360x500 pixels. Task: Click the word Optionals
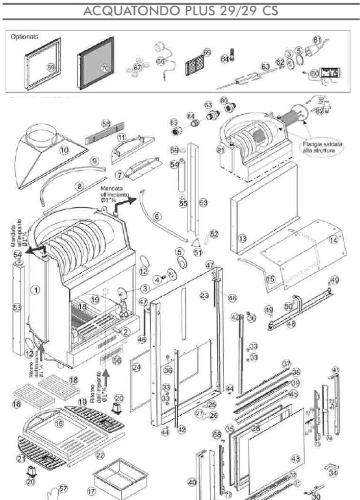point(24,37)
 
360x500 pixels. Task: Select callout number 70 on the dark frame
point(105,67)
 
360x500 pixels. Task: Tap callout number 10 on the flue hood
point(64,150)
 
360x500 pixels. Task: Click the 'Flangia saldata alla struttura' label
point(321,149)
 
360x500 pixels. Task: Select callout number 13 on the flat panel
point(243,238)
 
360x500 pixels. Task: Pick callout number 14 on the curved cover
point(333,240)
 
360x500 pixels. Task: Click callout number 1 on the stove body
point(35,290)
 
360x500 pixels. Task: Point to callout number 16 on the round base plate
point(59,423)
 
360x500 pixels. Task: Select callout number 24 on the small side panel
point(136,367)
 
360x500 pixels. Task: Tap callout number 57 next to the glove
point(63,489)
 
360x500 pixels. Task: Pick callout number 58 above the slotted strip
point(106,124)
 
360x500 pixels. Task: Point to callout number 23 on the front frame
point(204,295)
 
